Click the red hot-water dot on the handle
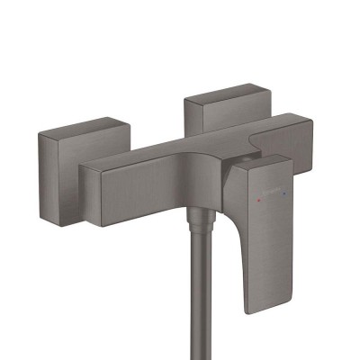click(271, 179)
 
